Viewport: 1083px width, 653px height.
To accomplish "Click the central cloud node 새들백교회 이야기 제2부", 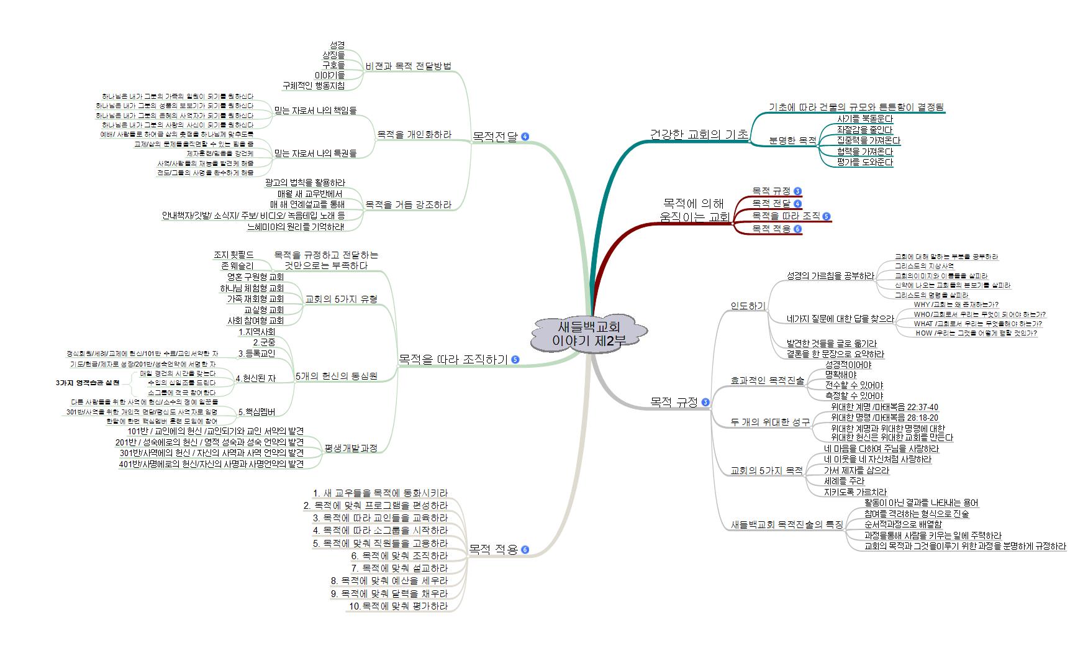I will pyautogui.click(x=588, y=334).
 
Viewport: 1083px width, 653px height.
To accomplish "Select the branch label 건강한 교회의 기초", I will pyautogui.click(x=699, y=135).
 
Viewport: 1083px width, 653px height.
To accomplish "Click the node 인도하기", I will pyautogui.click(x=748, y=306).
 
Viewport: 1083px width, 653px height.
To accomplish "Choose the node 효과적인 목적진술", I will pyautogui.click(x=768, y=380).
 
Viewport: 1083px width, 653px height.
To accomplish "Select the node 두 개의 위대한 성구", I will pyautogui.click(x=770, y=422).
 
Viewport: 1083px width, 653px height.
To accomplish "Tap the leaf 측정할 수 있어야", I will pyautogui.click(x=854, y=396).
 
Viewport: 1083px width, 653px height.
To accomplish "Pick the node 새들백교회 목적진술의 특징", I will pyautogui.click(x=787, y=524).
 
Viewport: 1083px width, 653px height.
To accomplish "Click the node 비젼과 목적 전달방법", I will pyautogui.click(x=409, y=66).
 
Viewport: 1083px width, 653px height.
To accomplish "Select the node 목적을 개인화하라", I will pyautogui.click(x=414, y=134).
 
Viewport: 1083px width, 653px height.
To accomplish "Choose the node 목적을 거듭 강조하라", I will pyautogui.click(x=408, y=204).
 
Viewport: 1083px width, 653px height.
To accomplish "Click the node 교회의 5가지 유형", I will pyautogui.click(x=341, y=299).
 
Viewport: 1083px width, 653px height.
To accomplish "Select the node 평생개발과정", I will pyautogui.click(x=351, y=448).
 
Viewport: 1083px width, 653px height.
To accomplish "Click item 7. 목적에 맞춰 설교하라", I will pyautogui.click(x=399, y=568).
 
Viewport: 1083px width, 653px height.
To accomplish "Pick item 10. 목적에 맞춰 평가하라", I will pyautogui.click(x=397, y=606).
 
